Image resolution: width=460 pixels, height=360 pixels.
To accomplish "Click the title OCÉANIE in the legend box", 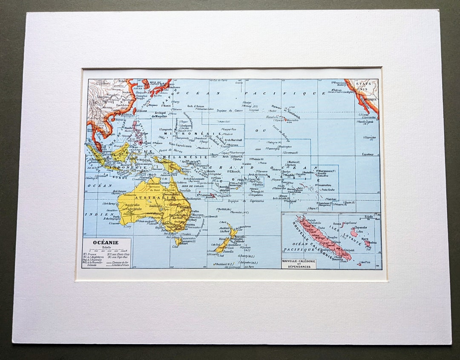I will [x=106, y=243].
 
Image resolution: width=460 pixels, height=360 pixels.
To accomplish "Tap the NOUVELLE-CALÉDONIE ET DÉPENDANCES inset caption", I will [x=299, y=263].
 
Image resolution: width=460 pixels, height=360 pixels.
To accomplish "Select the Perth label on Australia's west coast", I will [x=115, y=217].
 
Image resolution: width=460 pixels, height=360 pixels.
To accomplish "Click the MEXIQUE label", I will [x=370, y=99].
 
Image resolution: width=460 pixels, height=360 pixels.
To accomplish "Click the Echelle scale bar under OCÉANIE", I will [x=106, y=251].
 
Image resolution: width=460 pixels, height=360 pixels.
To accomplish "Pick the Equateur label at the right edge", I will [x=368, y=154].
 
